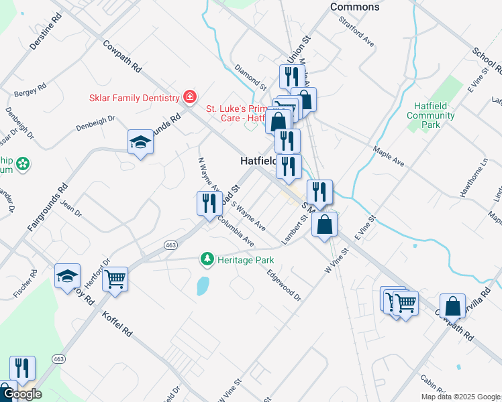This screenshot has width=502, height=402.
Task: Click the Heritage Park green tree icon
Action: (208, 259)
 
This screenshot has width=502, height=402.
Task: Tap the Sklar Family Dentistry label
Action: (134, 98)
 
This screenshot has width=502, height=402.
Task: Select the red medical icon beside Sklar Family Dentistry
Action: (190, 98)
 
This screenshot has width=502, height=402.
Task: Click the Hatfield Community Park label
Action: (431, 115)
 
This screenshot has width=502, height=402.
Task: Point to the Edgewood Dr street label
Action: (284, 285)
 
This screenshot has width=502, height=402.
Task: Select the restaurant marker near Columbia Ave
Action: (209, 202)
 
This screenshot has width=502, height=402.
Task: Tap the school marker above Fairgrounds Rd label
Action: (140, 141)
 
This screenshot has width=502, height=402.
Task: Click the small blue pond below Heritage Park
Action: (201, 287)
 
